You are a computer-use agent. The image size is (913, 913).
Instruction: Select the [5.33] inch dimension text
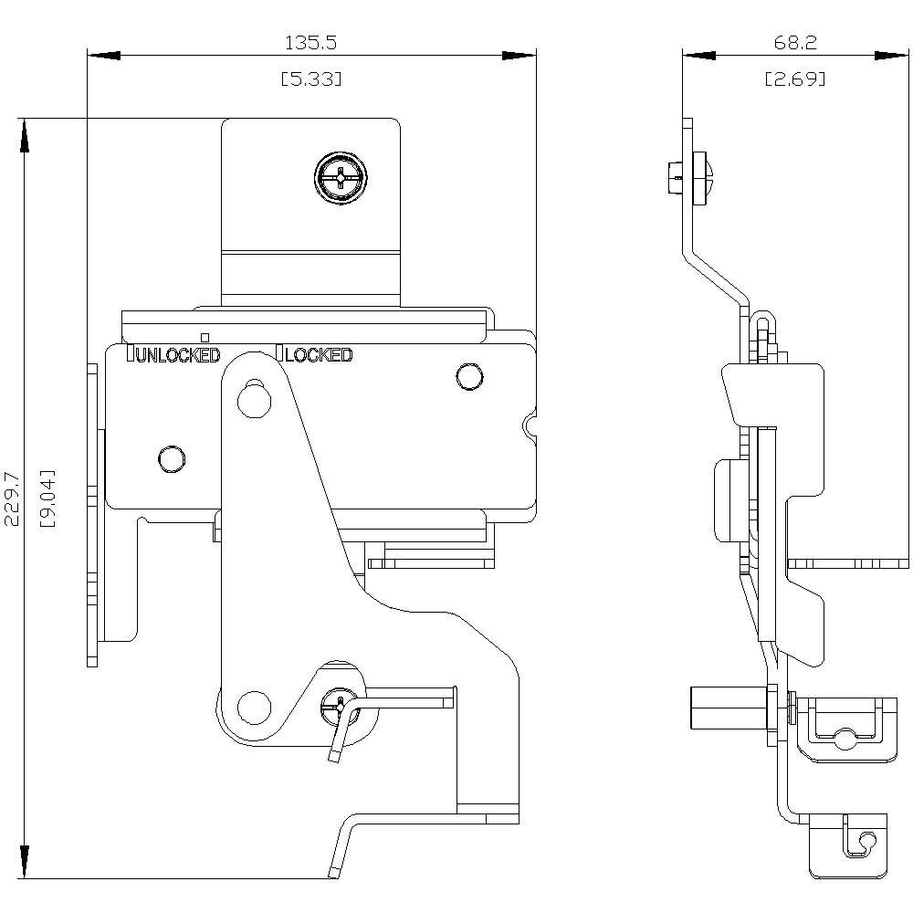point(311,79)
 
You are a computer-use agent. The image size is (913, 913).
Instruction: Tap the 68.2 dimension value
point(794,42)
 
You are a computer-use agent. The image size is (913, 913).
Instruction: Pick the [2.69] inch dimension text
point(794,79)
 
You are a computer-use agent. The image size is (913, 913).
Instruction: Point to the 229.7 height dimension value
point(12,498)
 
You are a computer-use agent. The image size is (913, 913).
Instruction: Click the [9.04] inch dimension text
point(48,498)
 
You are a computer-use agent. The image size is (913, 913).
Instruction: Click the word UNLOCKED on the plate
point(177,355)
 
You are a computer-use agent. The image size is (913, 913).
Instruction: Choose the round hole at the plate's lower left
point(171,457)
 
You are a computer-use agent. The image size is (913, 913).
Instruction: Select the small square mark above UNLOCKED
point(205,336)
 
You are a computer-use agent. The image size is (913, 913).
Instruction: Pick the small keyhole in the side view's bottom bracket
point(866,839)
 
